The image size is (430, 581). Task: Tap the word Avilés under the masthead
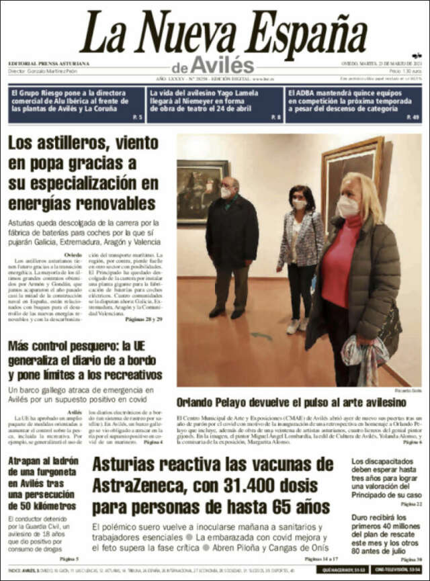click(x=222, y=66)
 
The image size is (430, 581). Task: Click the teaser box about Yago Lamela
click(x=214, y=104)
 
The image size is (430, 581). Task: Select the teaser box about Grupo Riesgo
click(x=76, y=104)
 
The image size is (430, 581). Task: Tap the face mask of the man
click(x=226, y=193)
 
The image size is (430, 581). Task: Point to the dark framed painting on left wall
click(x=202, y=190)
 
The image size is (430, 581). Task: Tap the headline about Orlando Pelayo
click(x=291, y=402)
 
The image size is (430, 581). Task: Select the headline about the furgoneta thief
click(x=44, y=483)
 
